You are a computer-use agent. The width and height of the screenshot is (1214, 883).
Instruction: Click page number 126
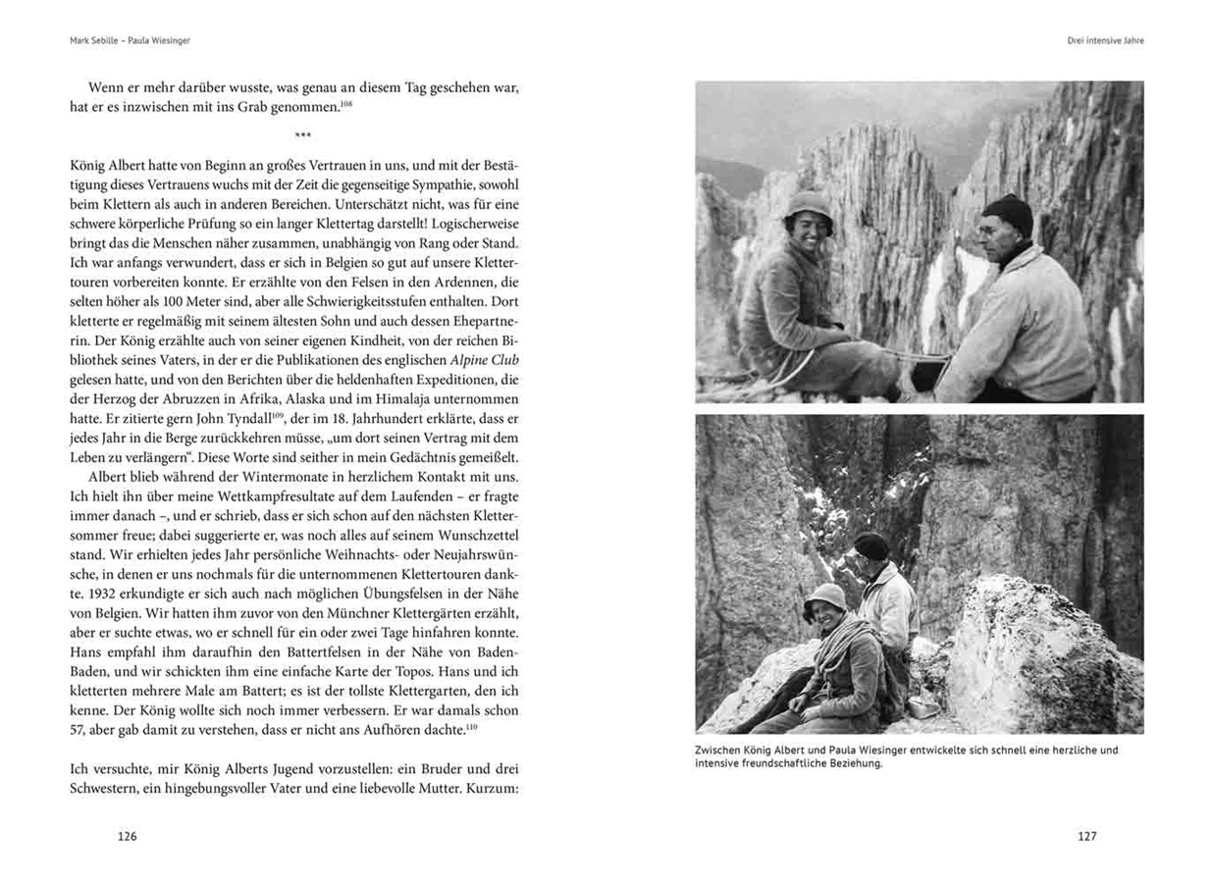(128, 836)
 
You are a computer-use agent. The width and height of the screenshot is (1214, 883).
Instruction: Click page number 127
(1086, 836)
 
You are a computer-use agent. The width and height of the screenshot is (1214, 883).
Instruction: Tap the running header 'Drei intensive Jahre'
(1105, 41)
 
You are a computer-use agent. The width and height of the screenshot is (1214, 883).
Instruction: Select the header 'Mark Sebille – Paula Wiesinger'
(123, 41)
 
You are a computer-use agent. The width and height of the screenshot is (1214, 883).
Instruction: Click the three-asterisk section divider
(303, 135)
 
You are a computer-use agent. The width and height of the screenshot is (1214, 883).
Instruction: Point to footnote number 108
(345, 102)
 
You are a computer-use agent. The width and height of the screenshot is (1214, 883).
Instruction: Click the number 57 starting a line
(80, 730)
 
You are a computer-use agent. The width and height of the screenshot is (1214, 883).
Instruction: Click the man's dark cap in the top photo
(1008, 213)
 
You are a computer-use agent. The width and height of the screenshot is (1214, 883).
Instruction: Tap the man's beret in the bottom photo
(871, 545)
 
